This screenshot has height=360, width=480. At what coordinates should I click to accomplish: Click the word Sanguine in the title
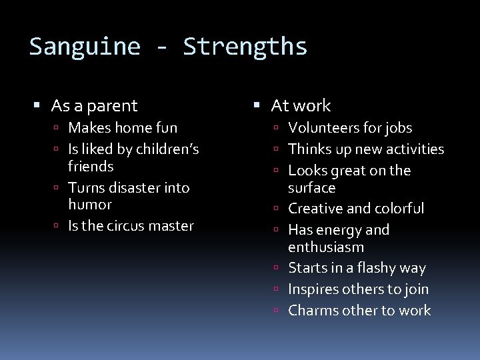click(85, 47)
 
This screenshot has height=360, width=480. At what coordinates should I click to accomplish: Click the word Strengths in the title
click(245, 47)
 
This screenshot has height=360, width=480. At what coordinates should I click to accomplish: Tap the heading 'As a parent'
click(94, 105)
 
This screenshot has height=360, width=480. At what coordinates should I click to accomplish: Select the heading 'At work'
click(301, 105)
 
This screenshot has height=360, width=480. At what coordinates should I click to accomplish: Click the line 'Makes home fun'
click(123, 127)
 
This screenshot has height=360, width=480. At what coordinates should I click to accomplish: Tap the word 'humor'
click(90, 204)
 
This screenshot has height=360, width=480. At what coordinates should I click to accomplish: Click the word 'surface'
click(311, 187)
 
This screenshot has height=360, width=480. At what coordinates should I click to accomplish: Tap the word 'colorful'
click(398, 209)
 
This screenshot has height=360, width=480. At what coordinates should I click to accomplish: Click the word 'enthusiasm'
click(326, 247)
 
